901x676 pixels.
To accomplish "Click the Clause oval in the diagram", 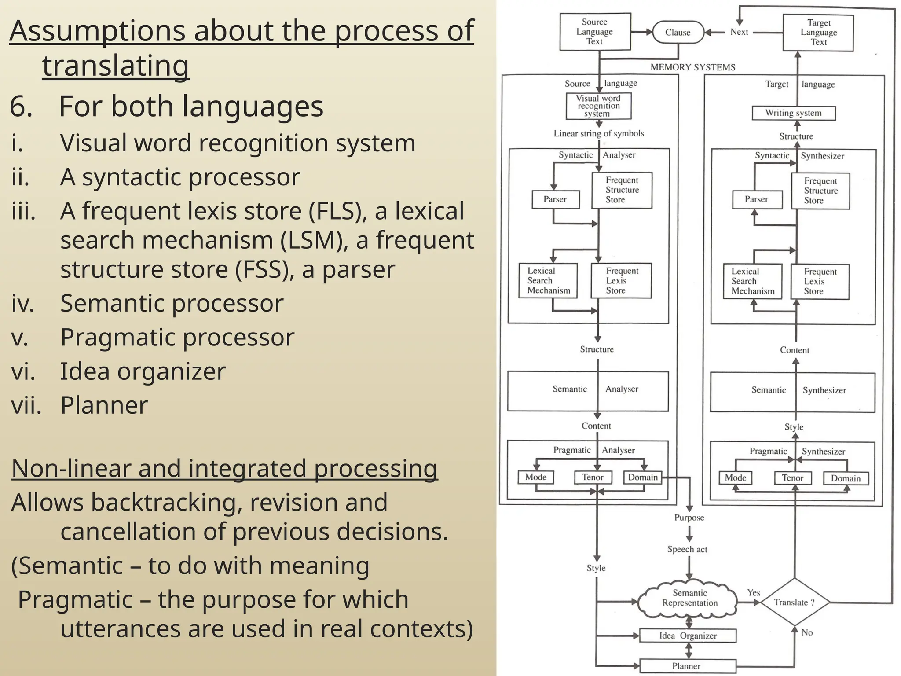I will coord(678,32).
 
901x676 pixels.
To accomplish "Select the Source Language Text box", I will coord(595,32).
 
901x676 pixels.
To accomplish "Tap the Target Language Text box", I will coord(818,33).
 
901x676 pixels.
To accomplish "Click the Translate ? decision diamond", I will coord(795,602).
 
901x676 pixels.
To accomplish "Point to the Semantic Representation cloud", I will coord(689,598).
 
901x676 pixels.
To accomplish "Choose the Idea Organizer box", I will coord(688,636).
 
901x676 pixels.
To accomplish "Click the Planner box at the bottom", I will coord(687,666).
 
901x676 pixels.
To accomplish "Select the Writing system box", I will coord(794,113).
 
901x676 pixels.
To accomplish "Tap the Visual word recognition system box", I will coord(598,106).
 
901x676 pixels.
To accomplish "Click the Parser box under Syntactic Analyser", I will coord(555,199).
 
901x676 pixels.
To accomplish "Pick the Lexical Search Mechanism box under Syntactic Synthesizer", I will coord(753,282).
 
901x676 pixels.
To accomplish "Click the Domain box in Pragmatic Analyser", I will coord(643,478).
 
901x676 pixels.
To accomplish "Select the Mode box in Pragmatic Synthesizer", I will coord(735,478).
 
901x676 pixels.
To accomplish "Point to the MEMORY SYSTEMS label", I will coord(692,67).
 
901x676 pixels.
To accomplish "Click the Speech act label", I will coord(687,549).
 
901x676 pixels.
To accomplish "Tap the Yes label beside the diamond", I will coord(754,593).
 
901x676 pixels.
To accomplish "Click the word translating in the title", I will coord(116,66).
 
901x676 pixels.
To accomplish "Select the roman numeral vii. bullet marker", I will coord(26,405).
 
